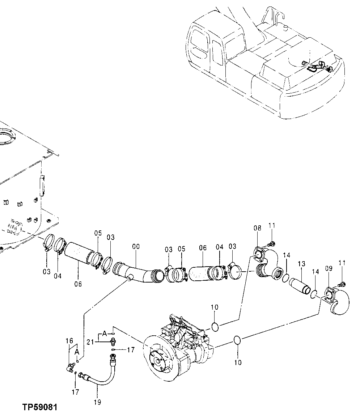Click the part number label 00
[136, 247]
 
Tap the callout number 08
[257, 228]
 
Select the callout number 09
[328, 269]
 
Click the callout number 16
[69, 341]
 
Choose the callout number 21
[90, 342]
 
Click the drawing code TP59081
[40, 407]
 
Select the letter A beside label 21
[104, 333]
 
